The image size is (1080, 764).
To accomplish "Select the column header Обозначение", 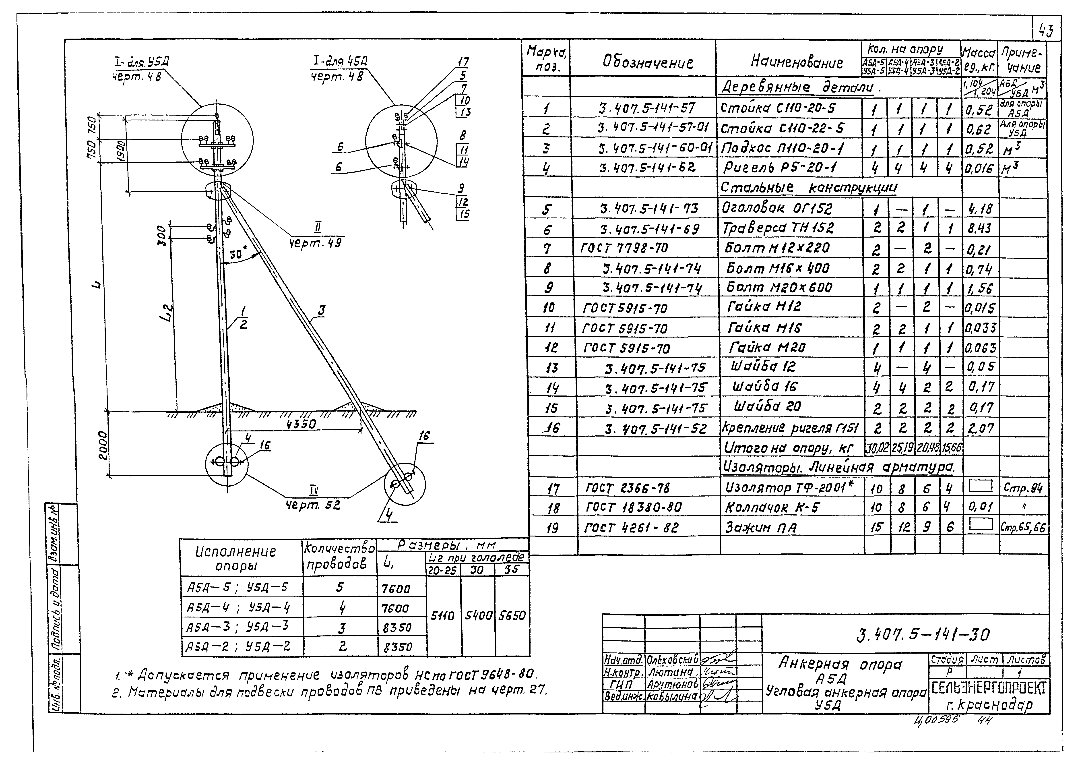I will pos(648,62).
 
